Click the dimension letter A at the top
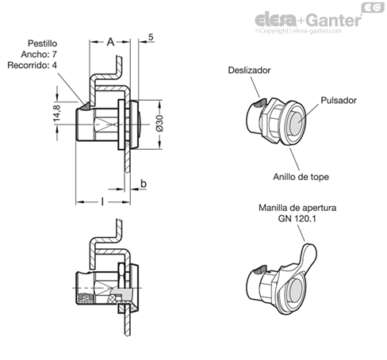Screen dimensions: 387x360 coord(110,42)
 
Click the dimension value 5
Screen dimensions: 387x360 coord(151,37)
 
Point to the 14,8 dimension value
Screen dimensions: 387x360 coord(57,114)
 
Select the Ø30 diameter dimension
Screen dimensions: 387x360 coord(159,123)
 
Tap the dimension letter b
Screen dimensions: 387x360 coord(144,183)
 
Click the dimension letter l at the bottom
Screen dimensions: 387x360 coord(102,202)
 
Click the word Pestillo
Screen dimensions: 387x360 coord(43,44)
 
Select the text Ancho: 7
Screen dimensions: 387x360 coord(39,54)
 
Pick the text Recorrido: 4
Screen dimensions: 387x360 coord(32,65)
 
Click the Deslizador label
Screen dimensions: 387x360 coord(249,71)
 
